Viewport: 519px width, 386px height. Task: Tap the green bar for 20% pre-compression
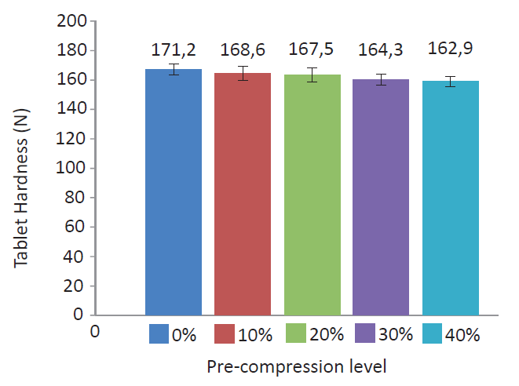312,195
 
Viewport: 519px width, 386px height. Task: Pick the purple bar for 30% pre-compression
381,197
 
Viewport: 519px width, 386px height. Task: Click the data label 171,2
174,52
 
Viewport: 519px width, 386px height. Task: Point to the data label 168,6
243,52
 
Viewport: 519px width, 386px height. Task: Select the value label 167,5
312,50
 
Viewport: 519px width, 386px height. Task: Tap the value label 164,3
381,52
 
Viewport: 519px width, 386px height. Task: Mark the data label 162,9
450,50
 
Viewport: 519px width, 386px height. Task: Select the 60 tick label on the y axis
75,227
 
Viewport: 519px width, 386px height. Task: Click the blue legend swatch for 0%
159,334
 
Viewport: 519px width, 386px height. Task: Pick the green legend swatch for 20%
297,334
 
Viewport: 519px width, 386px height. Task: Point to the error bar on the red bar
243,73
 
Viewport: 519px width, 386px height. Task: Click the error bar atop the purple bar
381,79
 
